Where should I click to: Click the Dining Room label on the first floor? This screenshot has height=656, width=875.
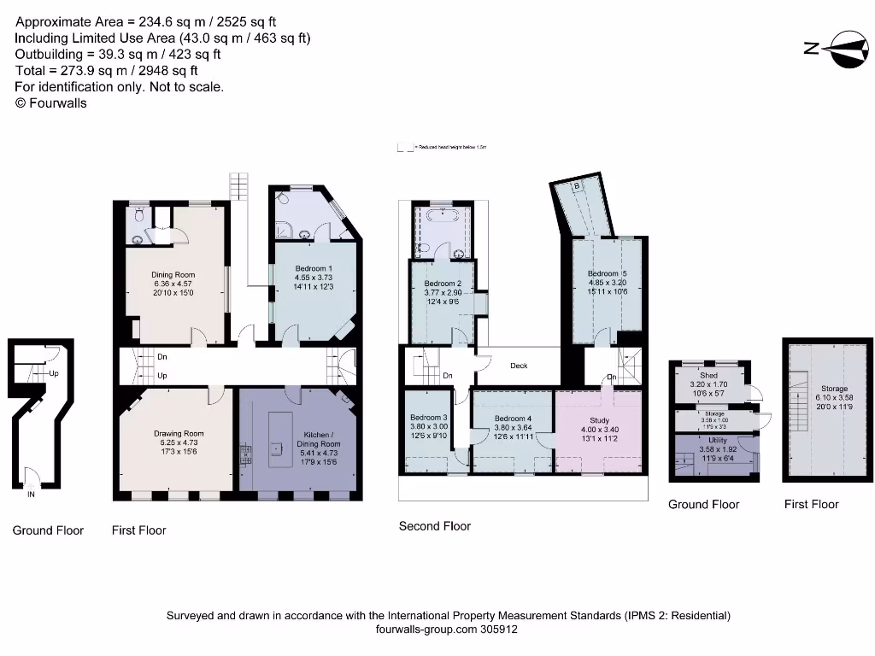click(x=173, y=275)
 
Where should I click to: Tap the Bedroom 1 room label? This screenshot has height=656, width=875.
click(x=313, y=268)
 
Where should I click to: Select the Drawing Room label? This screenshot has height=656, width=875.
click(x=179, y=434)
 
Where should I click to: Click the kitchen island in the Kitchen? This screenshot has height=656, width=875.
click(x=277, y=439)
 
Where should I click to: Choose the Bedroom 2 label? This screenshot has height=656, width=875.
click(x=443, y=284)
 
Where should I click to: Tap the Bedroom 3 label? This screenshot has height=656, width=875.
click(x=428, y=418)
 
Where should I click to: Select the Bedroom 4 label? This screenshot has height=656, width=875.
click(x=513, y=419)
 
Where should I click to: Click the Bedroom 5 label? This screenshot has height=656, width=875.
click(x=608, y=273)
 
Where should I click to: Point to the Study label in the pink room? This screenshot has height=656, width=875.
click(x=599, y=420)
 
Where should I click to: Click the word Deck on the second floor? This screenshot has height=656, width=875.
click(x=519, y=366)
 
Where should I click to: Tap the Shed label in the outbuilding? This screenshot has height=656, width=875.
click(x=708, y=375)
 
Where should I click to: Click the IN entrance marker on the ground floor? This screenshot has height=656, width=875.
click(x=32, y=494)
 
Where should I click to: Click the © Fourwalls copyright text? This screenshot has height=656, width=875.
click(x=51, y=102)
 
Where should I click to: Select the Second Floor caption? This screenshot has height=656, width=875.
click(x=434, y=526)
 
